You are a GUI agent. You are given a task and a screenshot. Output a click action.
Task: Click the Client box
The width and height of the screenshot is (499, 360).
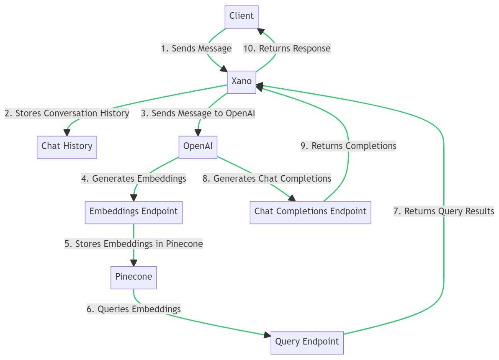[x=242, y=17]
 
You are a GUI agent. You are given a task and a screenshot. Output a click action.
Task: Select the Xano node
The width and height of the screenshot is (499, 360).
[x=242, y=82]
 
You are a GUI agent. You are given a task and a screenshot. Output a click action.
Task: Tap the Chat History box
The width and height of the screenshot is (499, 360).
[x=67, y=147]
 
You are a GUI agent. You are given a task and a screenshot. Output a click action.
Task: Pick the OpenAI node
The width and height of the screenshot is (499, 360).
[x=198, y=147]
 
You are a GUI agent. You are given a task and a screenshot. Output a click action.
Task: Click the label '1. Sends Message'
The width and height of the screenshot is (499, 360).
[x=196, y=49]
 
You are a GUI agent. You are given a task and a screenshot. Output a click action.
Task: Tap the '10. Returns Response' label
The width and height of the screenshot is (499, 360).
[x=287, y=49]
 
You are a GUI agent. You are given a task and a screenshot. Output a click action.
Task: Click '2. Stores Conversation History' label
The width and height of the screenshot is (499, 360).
[x=67, y=114]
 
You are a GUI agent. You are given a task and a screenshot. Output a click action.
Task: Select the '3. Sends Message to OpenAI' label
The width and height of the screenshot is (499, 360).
[x=198, y=114]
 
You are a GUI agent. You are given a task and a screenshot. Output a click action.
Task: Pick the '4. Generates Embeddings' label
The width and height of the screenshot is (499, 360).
[x=134, y=179]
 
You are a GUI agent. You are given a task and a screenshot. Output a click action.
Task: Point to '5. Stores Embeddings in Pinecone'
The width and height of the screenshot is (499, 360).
[x=134, y=244]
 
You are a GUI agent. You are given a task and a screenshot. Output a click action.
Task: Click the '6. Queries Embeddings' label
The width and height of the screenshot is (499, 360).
[x=134, y=309]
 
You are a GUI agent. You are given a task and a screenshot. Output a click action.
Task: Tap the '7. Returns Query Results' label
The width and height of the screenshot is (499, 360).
[x=444, y=211]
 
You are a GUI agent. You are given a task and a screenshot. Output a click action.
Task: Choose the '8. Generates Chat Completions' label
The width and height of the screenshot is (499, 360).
[x=267, y=179]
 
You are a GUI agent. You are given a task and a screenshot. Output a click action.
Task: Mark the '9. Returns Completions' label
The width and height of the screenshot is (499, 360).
[x=348, y=146]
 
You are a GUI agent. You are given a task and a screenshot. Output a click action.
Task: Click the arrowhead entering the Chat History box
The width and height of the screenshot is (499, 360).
[x=67, y=133]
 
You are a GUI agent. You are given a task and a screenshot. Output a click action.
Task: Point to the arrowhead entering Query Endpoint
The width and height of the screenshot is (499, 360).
[x=267, y=335]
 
